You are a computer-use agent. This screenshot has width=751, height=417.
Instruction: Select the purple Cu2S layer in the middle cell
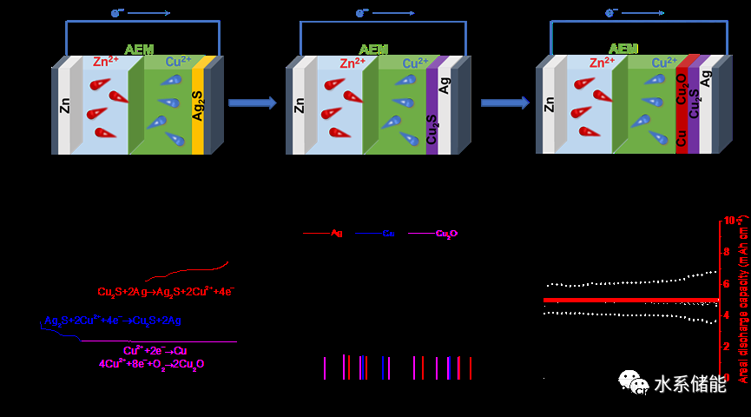click(432, 111)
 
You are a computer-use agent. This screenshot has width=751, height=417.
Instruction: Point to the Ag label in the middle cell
click(445, 86)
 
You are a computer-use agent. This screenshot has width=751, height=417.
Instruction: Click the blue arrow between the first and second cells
click(252, 103)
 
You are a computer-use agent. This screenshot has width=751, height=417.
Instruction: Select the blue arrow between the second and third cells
click(504, 103)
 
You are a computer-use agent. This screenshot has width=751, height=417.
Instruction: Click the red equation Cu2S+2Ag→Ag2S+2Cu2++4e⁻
click(166, 292)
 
